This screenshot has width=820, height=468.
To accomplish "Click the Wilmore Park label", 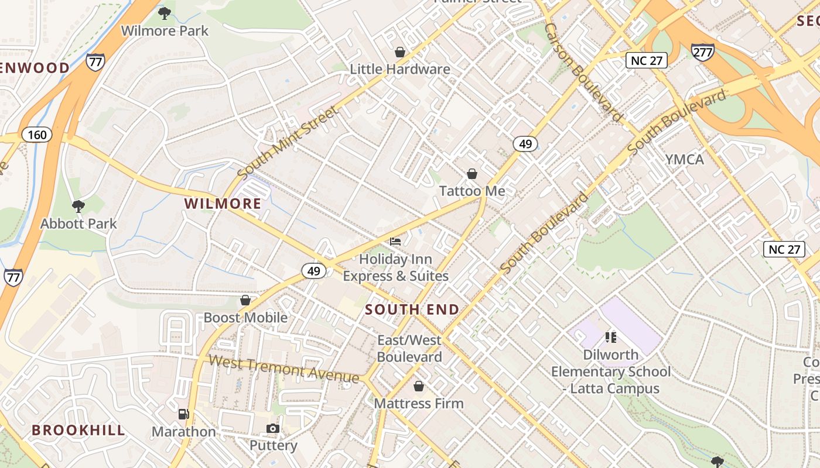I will coord(165,30).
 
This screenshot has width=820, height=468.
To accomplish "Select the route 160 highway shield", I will coord(37,135).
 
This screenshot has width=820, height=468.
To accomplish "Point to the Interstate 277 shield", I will coord(702,52).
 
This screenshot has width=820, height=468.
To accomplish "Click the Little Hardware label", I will coord(400,69).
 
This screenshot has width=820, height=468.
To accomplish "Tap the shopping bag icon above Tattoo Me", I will coord(472,174).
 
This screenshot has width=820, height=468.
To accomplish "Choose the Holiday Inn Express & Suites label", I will coord(396,267).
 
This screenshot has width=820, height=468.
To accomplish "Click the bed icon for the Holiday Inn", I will coord(396,241).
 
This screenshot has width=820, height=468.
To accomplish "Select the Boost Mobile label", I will coord(245,318).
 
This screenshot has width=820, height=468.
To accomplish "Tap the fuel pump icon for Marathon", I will coord(183,414).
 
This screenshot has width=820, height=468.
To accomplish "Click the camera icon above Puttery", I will coord(272,429).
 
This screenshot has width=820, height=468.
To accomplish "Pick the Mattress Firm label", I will coord(418,403).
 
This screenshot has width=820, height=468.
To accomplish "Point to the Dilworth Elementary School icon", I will coord(611,337).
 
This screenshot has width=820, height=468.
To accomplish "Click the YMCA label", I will coord(684,159).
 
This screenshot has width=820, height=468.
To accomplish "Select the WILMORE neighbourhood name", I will coord(223,204).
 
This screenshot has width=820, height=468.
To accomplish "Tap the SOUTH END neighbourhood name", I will coord(412,309).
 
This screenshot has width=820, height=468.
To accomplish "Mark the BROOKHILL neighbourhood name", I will coord(78,431).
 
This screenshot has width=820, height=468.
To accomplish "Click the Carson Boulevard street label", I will coord(582,73).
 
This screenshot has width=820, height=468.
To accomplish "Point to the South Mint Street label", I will coord(288,142).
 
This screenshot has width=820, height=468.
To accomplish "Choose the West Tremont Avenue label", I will coord(283,369).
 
